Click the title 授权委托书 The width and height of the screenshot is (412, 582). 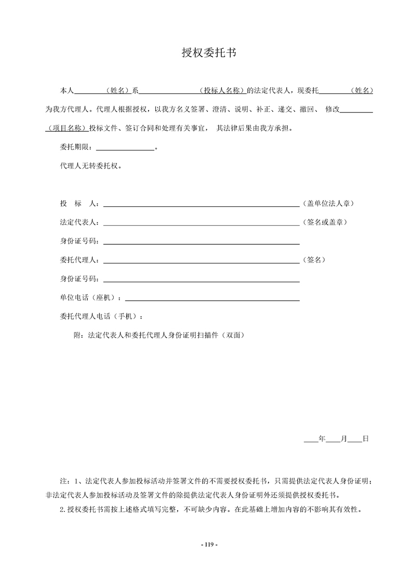(206, 52)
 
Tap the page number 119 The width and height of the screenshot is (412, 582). (206, 544)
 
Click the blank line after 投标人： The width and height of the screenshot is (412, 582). (202, 205)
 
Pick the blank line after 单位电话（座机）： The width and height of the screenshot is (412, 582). (212, 298)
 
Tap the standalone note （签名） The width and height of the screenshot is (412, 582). (314, 259)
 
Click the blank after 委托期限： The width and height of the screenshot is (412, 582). (125, 148)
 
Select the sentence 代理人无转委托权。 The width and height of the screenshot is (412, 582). (91, 167)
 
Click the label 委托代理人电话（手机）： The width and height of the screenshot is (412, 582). (102, 316)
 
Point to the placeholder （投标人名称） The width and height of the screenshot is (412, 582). (222, 90)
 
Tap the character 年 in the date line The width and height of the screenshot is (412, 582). (322, 439)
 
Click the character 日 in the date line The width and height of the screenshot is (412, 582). (365, 439)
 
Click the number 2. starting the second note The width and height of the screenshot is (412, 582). (64, 509)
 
